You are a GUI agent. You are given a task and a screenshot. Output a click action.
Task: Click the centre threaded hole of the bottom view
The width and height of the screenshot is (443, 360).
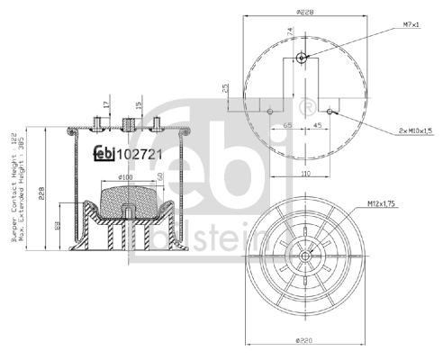click(x=307, y=256)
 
